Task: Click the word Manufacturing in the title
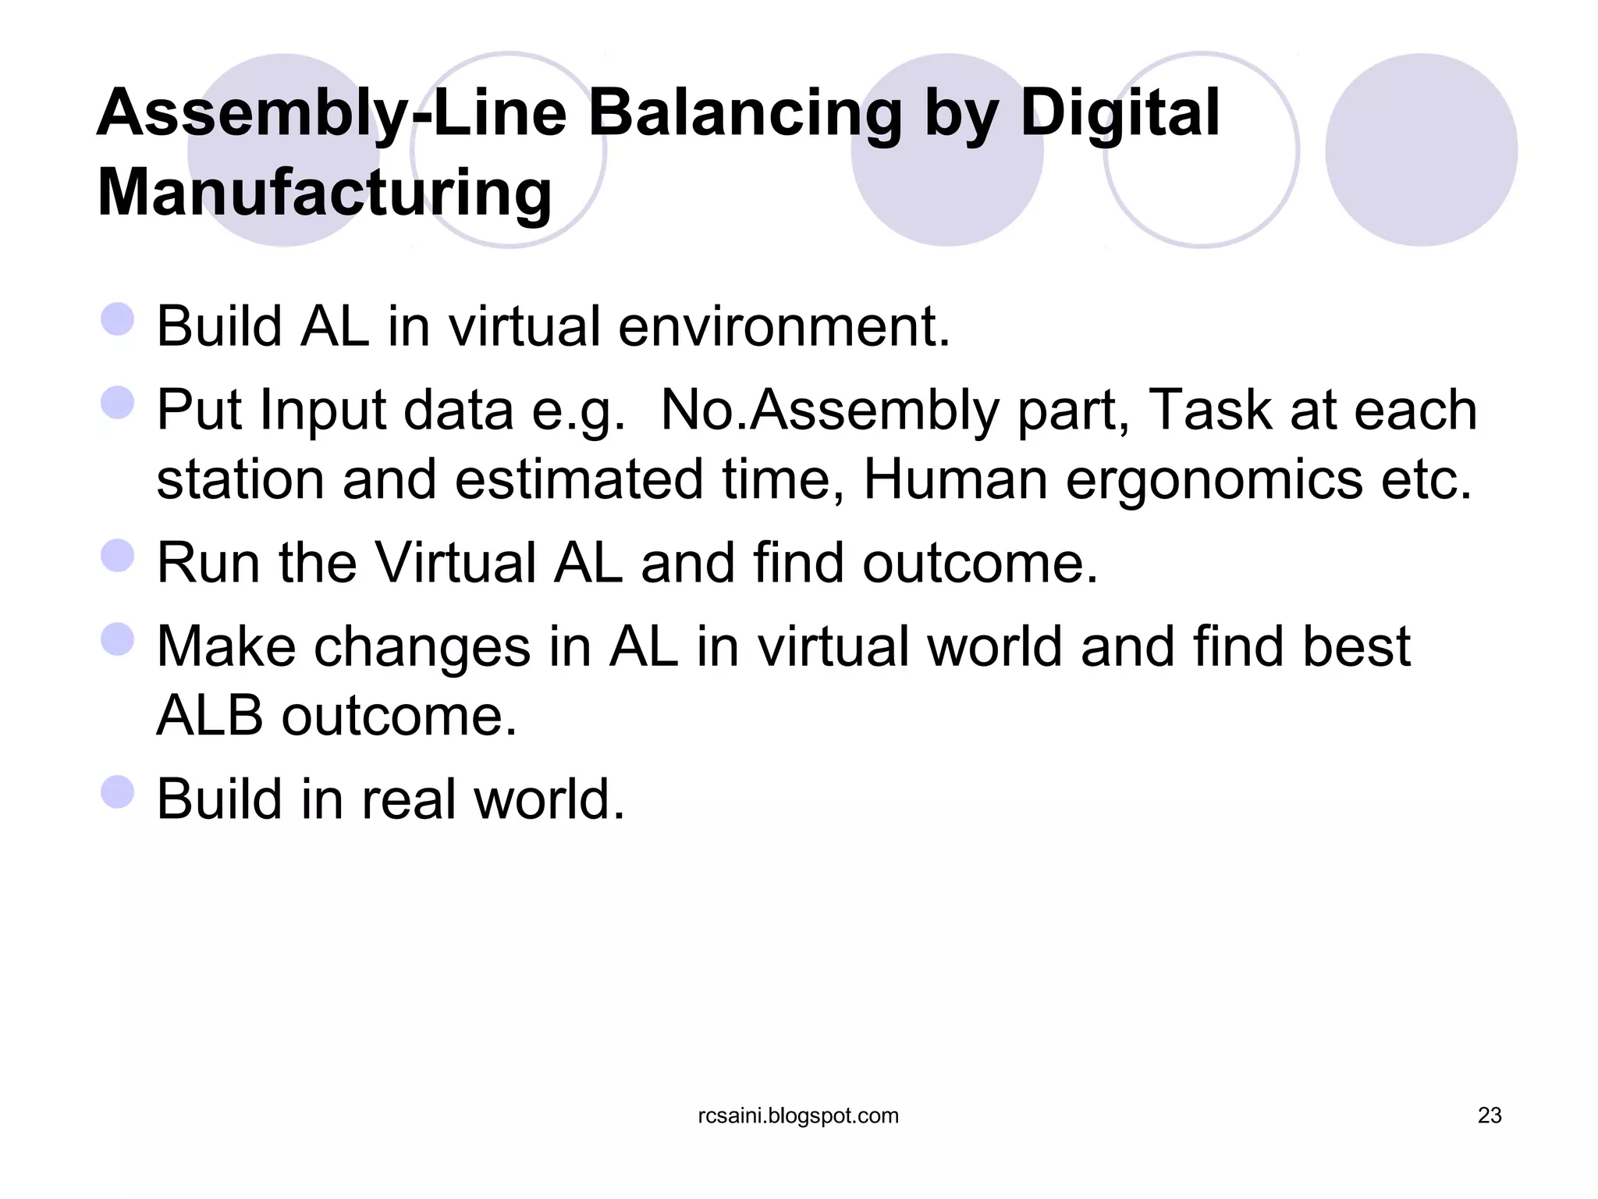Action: (x=325, y=193)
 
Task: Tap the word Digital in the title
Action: (x=1120, y=113)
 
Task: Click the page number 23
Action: (x=1489, y=1115)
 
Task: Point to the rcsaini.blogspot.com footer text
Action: (x=798, y=1115)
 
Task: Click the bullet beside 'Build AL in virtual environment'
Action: (x=118, y=319)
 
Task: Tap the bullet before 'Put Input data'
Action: (x=118, y=403)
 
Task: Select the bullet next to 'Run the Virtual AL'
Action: (x=118, y=556)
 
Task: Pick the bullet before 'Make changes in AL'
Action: (x=118, y=639)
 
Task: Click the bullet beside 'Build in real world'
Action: (x=118, y=792)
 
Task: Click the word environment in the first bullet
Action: (x=783, y=326)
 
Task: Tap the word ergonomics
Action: (x=1214, y=479)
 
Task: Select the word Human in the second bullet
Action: (x=955, y=479)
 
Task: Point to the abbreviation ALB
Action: (x=210, y=716)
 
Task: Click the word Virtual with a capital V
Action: (x=456, y=563)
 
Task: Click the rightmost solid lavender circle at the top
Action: (x=1421, y=150)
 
